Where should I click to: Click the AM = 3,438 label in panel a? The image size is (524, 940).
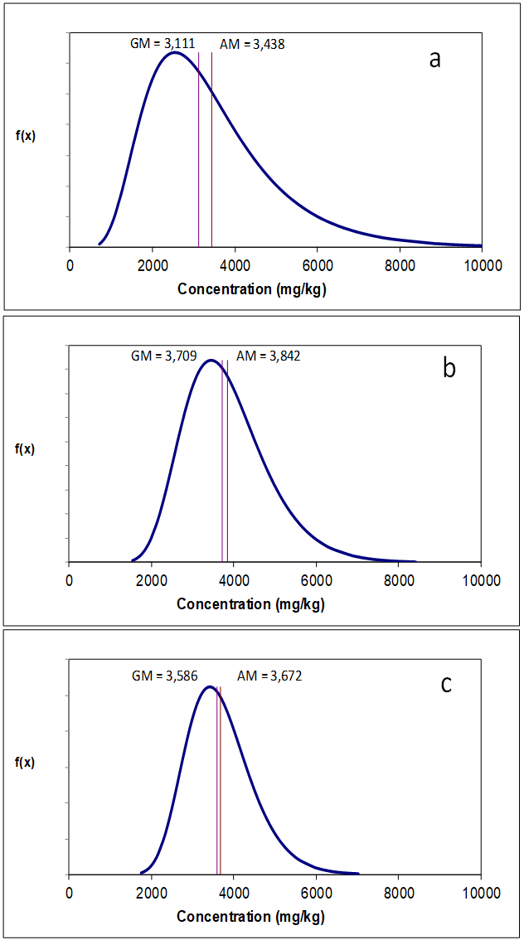252,45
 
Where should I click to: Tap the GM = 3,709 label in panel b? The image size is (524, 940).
164,356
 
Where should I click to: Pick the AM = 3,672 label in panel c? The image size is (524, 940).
269,676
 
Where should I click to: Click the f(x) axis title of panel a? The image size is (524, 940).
26,136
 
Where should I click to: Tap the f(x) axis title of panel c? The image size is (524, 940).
26,763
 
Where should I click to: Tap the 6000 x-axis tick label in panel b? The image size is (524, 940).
316,580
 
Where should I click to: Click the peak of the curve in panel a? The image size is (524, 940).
174,53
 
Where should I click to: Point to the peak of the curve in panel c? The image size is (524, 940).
210,686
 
